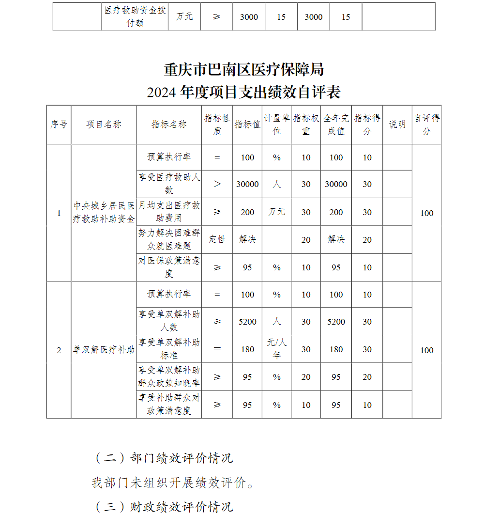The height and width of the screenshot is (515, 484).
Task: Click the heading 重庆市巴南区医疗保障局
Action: [243, 70]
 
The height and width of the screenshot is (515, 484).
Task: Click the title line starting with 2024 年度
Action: [243, 92]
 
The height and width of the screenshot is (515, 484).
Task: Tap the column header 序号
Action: [59, 125]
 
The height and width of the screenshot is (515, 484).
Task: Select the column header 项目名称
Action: [104, 125]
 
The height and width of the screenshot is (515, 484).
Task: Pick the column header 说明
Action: [397, 125]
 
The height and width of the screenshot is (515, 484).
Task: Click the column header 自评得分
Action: [426, 125]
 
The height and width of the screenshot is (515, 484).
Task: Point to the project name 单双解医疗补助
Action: [104, 350]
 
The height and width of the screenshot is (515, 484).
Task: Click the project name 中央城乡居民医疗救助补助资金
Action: [104, 213]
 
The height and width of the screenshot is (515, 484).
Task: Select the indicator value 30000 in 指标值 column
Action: [247, 184]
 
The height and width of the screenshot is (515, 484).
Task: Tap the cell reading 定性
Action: [217, 239]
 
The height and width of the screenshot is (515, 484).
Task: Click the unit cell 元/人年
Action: [276, 349]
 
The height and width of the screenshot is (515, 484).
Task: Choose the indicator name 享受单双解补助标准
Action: [169, 349]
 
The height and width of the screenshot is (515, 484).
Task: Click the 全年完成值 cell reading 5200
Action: [336, 322]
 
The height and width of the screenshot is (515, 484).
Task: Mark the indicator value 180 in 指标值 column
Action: [247, 349]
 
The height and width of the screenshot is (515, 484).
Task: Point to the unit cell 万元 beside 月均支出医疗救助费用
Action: [276, 212]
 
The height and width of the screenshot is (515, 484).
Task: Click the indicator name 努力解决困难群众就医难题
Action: [169, 239]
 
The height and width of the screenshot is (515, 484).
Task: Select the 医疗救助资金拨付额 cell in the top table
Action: [135, 16]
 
